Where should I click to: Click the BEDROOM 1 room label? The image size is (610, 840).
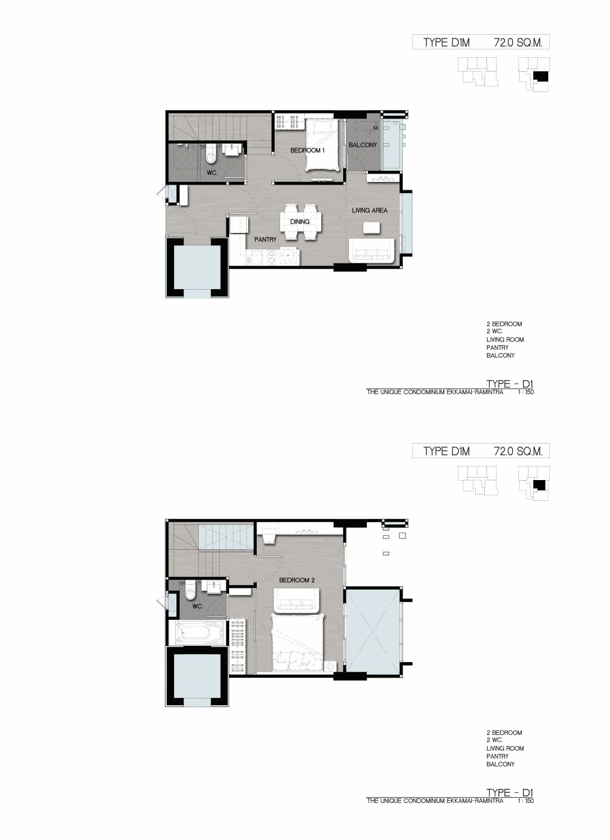click(307, 150)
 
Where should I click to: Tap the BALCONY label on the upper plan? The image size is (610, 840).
click(362, 145)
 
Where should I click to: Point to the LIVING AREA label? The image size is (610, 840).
click(369, 211)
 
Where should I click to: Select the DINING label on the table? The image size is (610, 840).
click(300, 222)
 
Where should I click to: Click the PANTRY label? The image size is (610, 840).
click(265, 239)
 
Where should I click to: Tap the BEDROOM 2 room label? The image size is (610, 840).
click(297, 580)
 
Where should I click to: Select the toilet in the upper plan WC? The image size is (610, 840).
click(212, 155)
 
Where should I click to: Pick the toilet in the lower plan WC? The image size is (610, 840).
click(190, 590)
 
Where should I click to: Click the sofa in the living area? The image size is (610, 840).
click(371, 251)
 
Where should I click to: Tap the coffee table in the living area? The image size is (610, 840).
click(371, 227)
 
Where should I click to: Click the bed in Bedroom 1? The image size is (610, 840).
click(322, 145)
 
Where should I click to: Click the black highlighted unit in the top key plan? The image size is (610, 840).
click(541, 76)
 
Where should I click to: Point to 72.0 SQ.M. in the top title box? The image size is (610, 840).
click(518, 42)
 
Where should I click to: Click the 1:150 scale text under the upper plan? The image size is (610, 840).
click(526, 392)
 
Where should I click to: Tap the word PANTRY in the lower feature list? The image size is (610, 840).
click(498, 756)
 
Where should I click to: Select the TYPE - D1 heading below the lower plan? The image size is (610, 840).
click(510, 792)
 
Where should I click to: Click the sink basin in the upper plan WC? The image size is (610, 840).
click(234, 149)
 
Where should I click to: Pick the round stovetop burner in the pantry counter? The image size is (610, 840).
click(288, 255)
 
